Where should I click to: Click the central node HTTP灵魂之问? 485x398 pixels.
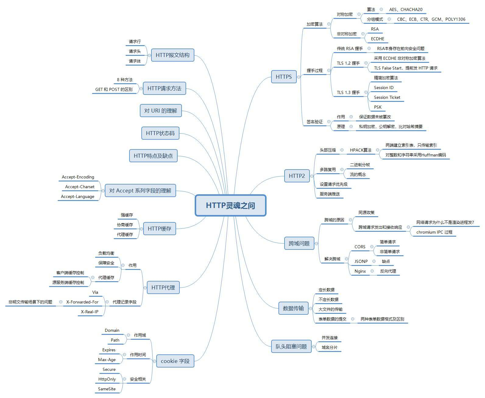230,205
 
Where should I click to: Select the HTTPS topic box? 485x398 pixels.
284,77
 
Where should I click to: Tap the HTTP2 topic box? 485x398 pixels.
297,176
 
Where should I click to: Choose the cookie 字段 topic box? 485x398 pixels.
175,361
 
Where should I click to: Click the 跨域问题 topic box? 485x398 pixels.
299,243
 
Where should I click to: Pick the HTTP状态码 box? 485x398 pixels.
160,133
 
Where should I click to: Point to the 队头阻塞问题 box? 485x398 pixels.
291,346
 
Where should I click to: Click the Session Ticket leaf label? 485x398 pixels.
387,97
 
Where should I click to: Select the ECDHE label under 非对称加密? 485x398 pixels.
377,39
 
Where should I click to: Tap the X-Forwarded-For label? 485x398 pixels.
82,302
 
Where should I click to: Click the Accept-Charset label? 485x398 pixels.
80,187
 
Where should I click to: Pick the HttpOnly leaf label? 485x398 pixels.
107,379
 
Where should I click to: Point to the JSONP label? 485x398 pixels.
361,261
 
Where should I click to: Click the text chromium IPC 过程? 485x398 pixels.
434,232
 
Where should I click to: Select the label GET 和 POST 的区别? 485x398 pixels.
114,89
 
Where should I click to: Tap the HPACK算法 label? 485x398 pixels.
361,150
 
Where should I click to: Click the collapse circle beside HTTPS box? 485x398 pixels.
299,77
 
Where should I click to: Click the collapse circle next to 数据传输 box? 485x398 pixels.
311,308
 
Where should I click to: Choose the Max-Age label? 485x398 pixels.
107,360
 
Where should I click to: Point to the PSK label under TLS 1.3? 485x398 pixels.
377,107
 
